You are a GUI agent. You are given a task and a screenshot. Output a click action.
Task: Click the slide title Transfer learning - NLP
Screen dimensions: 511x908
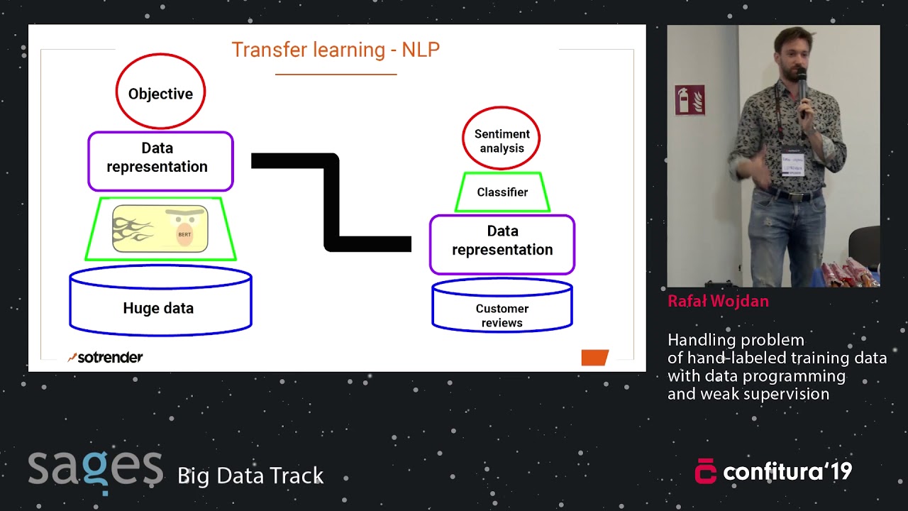click(336, 50)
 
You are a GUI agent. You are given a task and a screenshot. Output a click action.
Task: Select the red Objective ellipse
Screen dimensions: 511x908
click(160, 94)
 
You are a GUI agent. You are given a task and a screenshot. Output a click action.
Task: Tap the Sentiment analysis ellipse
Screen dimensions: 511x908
click(502, 139)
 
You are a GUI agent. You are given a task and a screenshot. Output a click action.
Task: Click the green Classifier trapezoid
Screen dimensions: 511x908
click(502, 192)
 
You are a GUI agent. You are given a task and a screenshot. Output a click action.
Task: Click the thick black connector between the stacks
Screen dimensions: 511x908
click(331, 202)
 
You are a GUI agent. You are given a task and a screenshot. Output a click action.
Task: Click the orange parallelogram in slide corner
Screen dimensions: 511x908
click(594, 357)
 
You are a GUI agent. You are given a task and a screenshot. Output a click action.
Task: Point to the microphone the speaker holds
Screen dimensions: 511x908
click(802, 89)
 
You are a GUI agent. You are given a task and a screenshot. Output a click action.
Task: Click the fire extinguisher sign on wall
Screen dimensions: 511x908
click(690, 99)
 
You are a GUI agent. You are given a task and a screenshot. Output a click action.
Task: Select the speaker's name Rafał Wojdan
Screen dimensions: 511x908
click(718, 302)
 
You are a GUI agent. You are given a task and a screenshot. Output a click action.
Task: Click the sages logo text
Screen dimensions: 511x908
click(95, 469)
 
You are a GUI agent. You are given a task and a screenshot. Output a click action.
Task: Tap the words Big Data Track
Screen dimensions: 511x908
click(250, 476)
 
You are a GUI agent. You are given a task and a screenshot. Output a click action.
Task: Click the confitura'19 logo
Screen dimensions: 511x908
click(773, 472)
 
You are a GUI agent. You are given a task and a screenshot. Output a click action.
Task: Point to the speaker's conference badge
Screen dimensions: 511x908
click(792, 164)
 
